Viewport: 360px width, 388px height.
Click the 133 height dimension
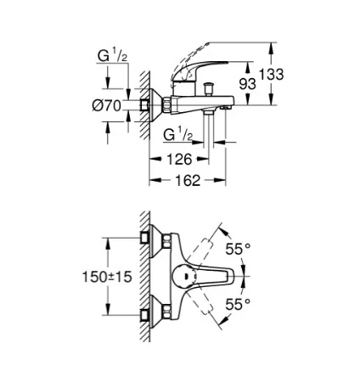pyautogui.click(x=271, y=75)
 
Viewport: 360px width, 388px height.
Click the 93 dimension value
pyautogui.click(x=248, y=84)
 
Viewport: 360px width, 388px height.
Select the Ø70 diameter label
pyautogui.click(x=107, y=106)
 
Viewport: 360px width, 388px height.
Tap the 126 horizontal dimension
pyautogui.click(x=179, y=160)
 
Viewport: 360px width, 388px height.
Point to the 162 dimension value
pyautogui.click(x=188, y=180)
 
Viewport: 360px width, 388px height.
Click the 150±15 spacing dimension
pyautogui.click(x=107, y=277)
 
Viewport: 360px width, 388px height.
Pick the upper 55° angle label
pyautogui.click(x=238, y=249)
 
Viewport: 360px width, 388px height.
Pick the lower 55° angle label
pyautogui.click(x=238, y=305)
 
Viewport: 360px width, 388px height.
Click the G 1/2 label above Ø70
pyautogui.click(x=112, y=55)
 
